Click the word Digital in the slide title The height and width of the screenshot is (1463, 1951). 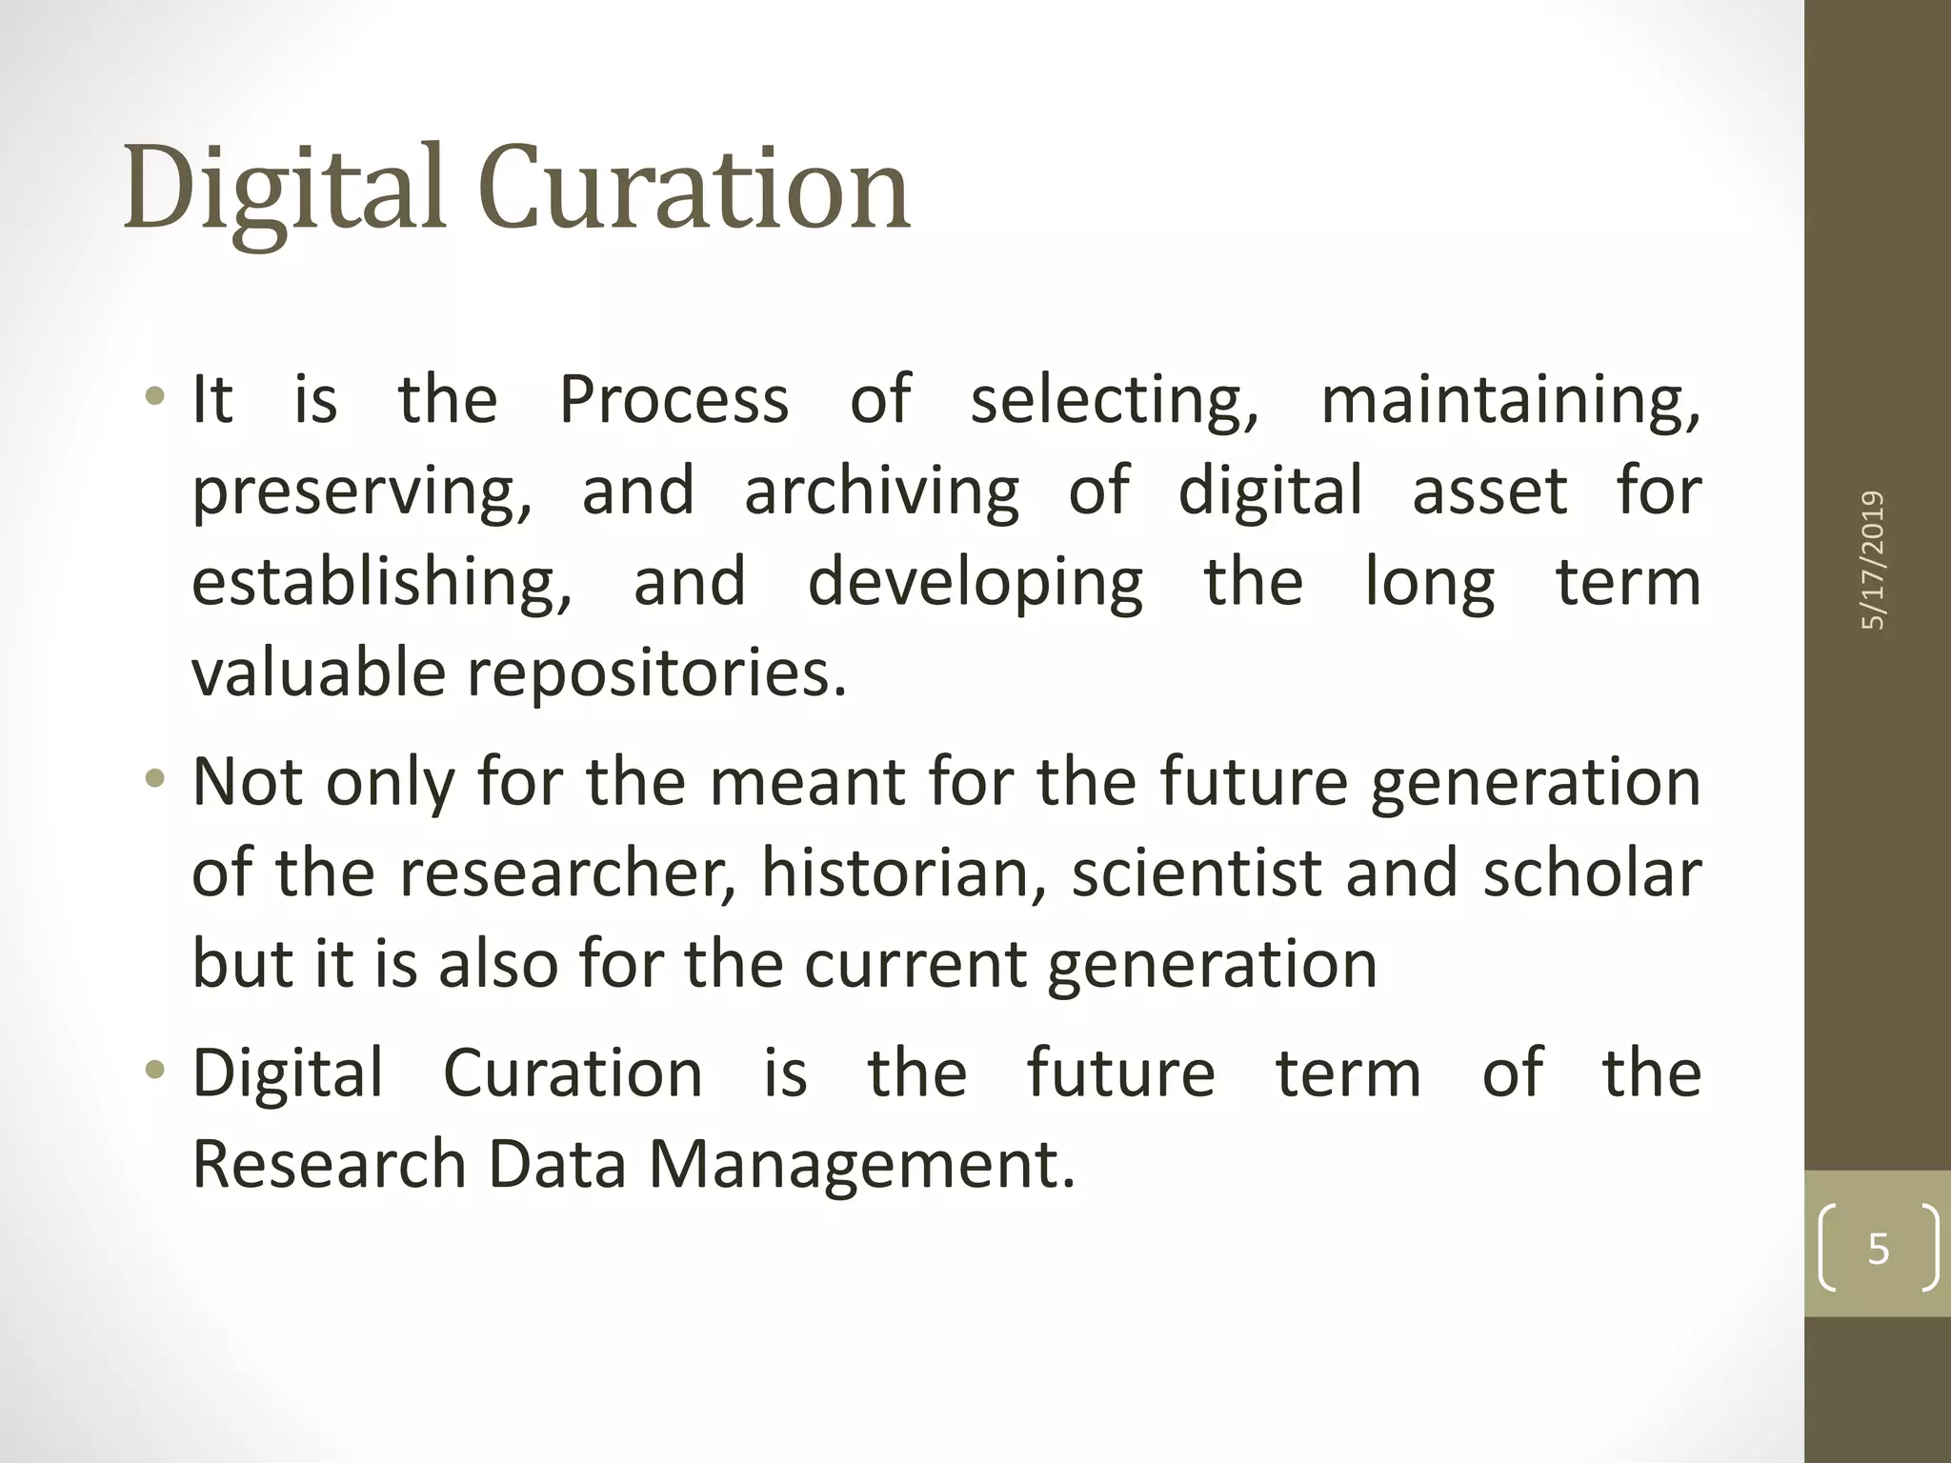tap(284, 189)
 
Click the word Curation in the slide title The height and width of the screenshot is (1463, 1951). tap(694, 189)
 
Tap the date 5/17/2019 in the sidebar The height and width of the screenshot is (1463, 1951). tap(1873, 560)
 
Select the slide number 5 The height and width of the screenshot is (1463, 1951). tap(1878, 1249)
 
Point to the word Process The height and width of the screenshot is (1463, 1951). tap(674, 400)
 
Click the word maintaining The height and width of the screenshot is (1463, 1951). tap(1510, 400)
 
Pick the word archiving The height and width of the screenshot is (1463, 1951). tap(881, 491)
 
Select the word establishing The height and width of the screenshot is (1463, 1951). tap(381, 583)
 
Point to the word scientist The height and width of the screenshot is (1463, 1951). tap(1197, 873)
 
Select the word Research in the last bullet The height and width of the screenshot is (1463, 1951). tap(329, 1165)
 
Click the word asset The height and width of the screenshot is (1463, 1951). tap(1489, 491)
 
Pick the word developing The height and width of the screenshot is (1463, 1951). tap(975, 583)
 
